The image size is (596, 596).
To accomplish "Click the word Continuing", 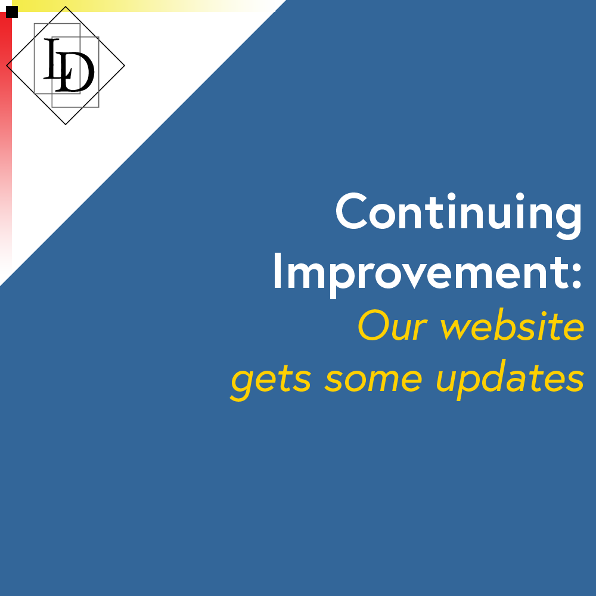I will pos(459,213).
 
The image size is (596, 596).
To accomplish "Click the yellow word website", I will pos(512,326).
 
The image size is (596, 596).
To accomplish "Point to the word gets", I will pos(271,379).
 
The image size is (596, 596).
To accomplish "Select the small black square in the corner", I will pos(12,12).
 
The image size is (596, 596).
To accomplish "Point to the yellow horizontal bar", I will pos(119,6).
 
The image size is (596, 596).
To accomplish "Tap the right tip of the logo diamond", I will pos(124,66).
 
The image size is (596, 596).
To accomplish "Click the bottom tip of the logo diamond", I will pos(66,124).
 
